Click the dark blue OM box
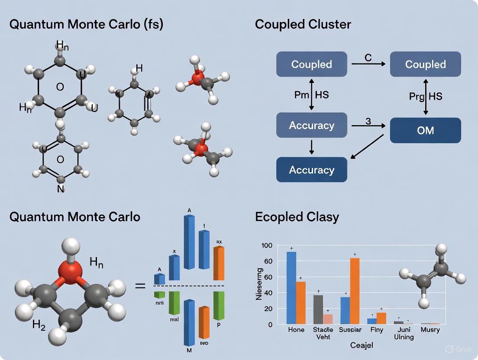(425, 130)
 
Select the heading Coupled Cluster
(303, 24)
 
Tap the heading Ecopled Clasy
(297, 216)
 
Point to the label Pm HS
(311, 95)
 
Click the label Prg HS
(425, 96)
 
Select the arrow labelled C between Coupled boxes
(368, 64)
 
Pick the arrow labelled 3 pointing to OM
(368, 126)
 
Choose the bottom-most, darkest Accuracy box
(311, 170)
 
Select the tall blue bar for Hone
(291, 288)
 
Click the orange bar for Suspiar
(355, 291)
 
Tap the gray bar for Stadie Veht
(318, 309)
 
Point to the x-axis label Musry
(430, 330)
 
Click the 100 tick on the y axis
(267, 246)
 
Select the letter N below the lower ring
(61, 189)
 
